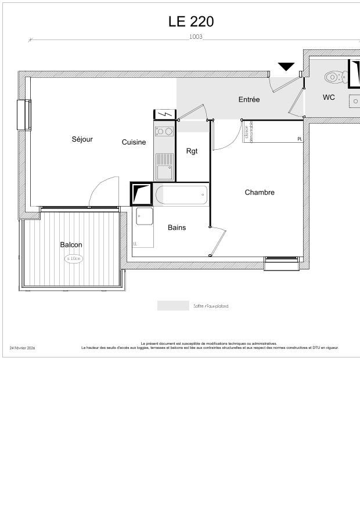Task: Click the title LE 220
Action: pos(191,21)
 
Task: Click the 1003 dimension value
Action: pos(196,37)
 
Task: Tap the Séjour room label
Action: pos(82,139)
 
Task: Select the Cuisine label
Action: pos(134,142)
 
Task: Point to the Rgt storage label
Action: pos(192,151)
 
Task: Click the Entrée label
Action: pos(249,100)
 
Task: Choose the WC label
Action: pos(329,98)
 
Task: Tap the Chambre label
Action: pos(260,193)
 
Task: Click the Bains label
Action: pos(177,228)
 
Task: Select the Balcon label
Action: pos(71,245)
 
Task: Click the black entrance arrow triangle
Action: pos(286,67)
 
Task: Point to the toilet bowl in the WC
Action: pos(333,77)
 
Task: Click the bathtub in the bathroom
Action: pos(182,195)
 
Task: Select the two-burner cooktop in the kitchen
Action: pos(164,131)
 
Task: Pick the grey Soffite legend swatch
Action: pos(173,306)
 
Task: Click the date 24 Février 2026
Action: pos(22,348)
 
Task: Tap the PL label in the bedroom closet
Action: pos(300,139)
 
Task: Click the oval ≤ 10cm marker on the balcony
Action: pos(74,259)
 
